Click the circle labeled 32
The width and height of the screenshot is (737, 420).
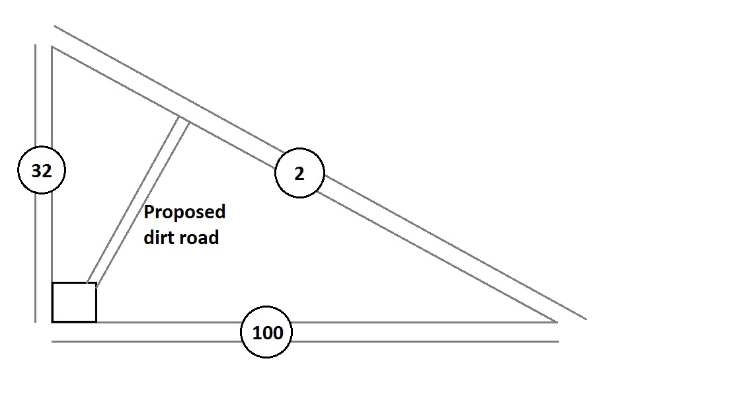(41, 171)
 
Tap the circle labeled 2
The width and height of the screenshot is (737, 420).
(299, 173)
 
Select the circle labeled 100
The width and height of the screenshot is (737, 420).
(267, 332)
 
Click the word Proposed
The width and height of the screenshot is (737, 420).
(184, 212)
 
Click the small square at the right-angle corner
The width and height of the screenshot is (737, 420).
(74, 302)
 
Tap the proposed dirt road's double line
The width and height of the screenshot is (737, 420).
(137, 202)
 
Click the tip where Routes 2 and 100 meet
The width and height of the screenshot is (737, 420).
(557, 321)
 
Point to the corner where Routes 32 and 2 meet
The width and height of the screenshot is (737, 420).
(52, 47)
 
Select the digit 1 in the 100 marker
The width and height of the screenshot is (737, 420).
(256, 332)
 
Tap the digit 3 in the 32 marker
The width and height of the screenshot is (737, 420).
(36, 171)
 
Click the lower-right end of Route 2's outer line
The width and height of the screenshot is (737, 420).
(586, 319)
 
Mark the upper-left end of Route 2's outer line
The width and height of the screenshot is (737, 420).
(54, 27)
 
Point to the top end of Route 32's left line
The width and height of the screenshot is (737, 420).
(35, 45)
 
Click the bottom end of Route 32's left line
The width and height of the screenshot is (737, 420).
(35, 322)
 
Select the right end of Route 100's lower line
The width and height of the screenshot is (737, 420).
(559, 341)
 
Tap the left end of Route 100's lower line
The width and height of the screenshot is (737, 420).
(52, 341)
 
